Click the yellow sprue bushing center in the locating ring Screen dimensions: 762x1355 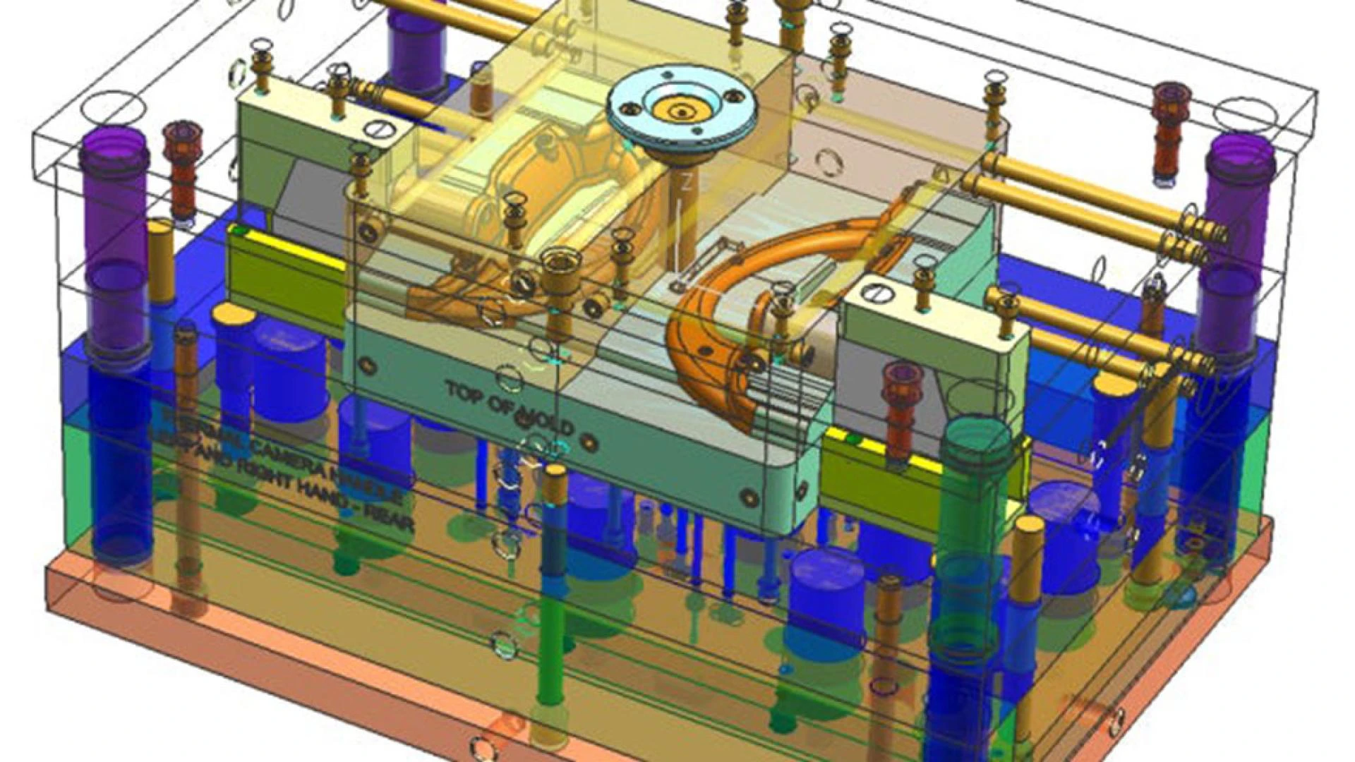click(x=682, y=111)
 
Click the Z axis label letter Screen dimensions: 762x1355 click(x=685, y=183)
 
